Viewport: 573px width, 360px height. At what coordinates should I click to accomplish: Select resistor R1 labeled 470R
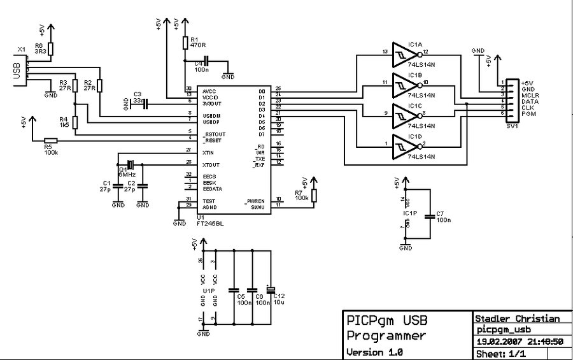[185, 43]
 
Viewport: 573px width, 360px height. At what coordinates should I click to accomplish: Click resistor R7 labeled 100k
[313, 196]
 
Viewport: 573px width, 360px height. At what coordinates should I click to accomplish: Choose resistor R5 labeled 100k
[50, 141]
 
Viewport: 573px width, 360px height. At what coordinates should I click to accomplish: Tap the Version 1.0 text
[374, 352]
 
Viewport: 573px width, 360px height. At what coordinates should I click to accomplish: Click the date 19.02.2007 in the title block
[499, 342]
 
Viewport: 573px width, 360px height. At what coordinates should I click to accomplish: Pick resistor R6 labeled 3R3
[52, 49]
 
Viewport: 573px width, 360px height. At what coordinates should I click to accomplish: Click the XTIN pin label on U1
[208, 153]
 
